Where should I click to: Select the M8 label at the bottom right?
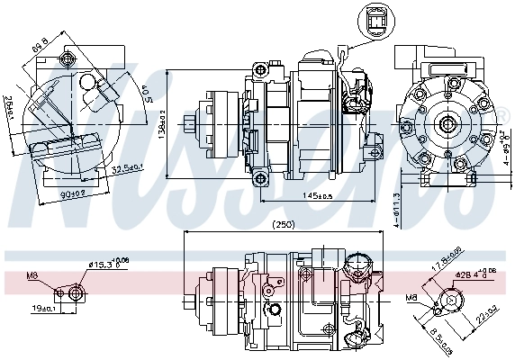411,297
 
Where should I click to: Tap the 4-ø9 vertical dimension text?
506,146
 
